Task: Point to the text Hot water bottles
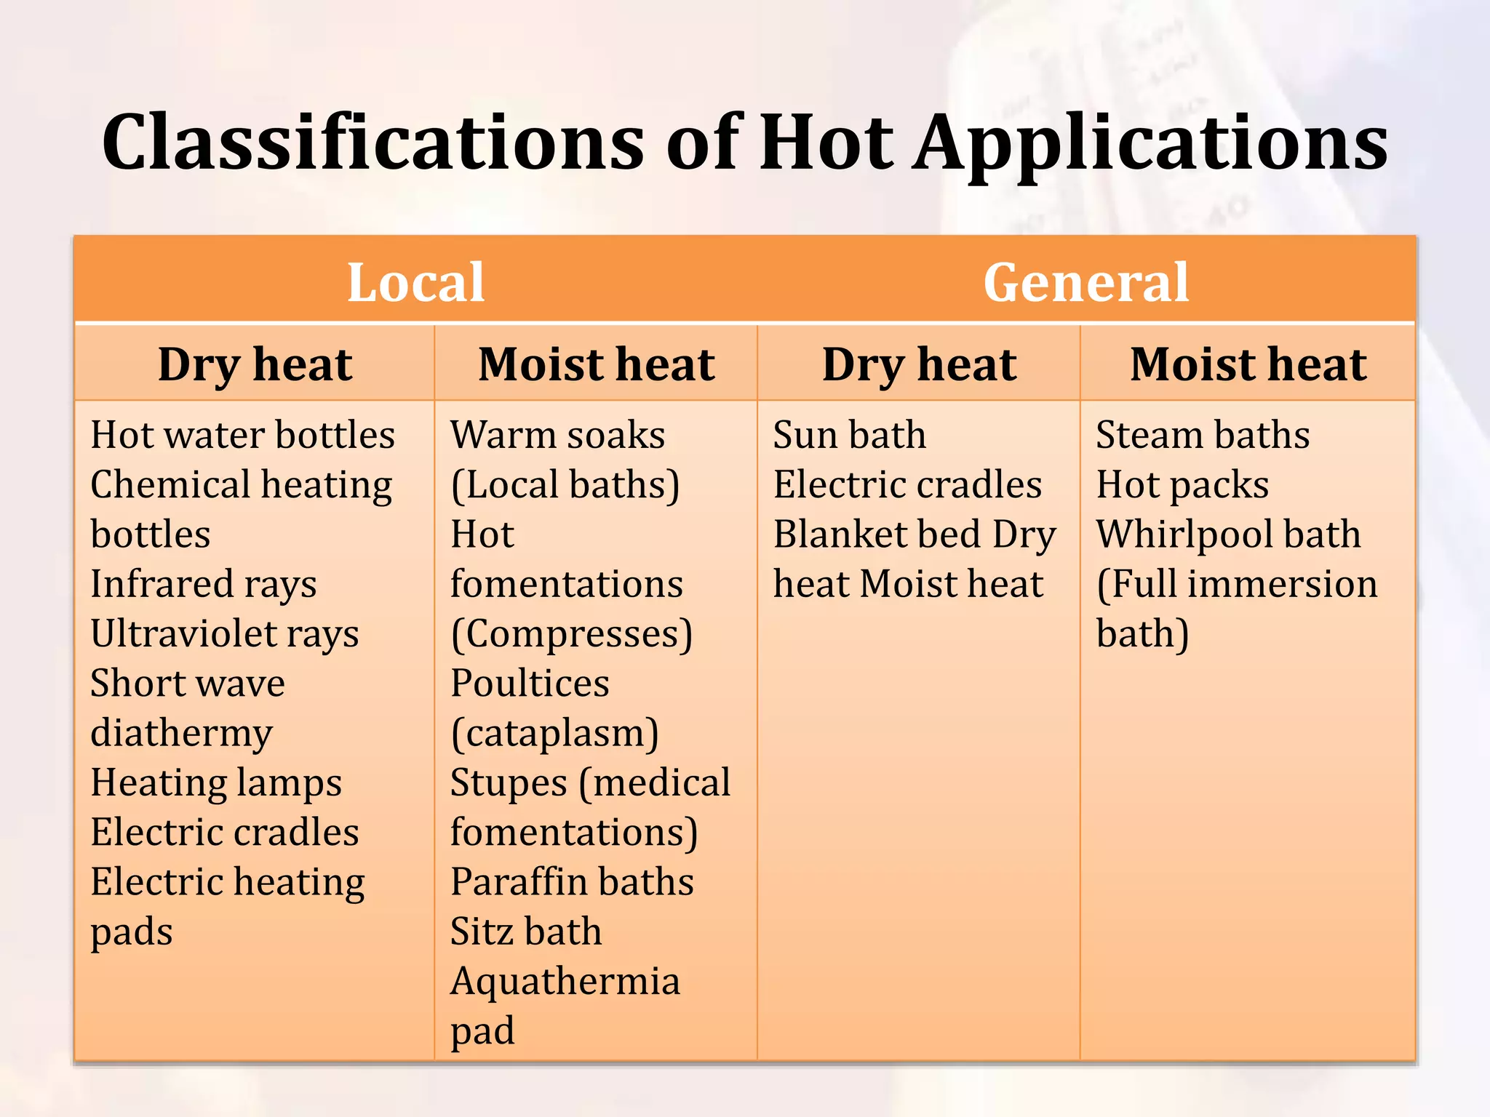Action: point(242,435)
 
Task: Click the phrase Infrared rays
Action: point(204,584)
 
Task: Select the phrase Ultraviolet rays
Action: point(224,633)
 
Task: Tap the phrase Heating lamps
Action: point(216,783)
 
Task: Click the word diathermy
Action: point(181,733)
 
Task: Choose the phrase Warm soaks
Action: point(557,435)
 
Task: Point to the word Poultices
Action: point(530,684)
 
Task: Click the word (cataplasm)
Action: point(554,733)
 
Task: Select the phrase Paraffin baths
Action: point(572,882)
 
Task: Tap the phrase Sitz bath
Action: point(526,932)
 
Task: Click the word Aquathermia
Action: point(565,981)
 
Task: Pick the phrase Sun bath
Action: point(849,435)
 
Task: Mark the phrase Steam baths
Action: point(1203,435)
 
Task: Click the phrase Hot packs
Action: point(1182,484)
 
